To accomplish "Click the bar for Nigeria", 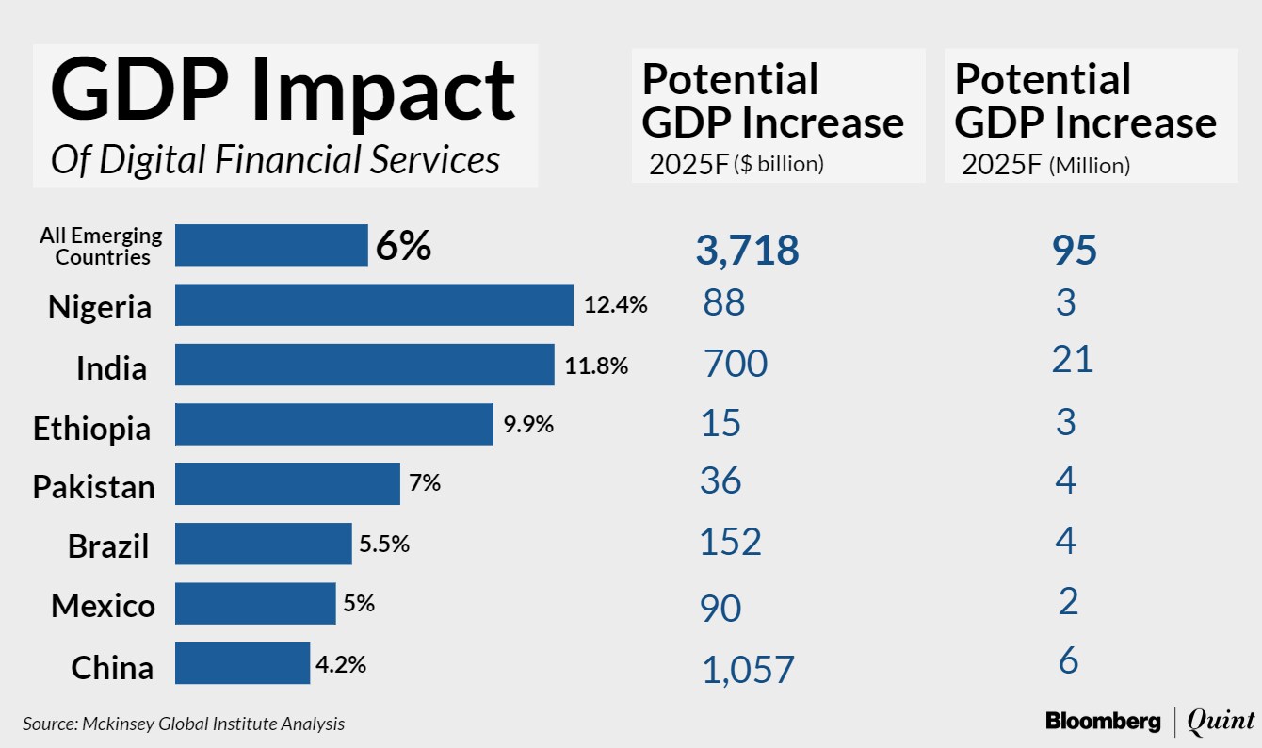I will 374,304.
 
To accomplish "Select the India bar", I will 364,365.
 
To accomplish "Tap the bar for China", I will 242,663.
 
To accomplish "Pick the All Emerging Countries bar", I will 271,245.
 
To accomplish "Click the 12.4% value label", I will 615,305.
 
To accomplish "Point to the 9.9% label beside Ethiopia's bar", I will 528,425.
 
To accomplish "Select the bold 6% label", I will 403,247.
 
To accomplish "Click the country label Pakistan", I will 94,487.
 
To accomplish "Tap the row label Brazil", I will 108,546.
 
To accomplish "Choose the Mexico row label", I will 103,606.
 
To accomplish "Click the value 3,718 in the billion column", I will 747,252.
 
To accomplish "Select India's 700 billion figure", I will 736,364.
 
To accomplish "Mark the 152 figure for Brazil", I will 730,543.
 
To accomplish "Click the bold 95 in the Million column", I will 1075,252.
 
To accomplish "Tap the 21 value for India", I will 1073,360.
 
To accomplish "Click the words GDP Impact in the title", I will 283,91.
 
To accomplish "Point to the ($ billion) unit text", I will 779,164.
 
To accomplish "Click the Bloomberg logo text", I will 1103,722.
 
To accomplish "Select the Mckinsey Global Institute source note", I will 184,724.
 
